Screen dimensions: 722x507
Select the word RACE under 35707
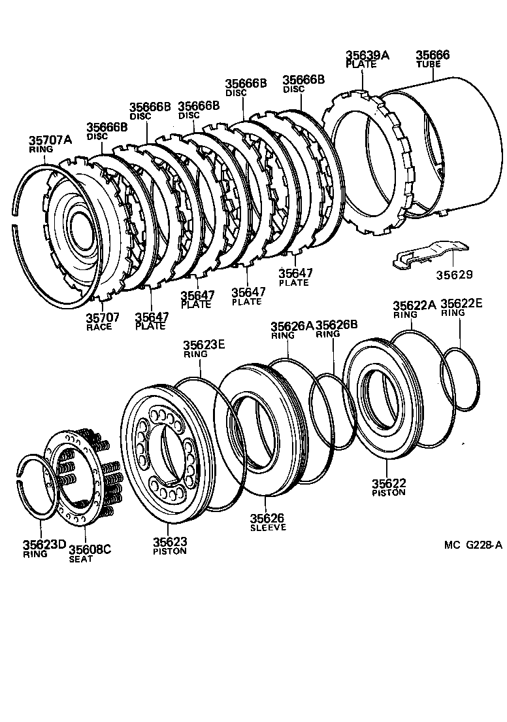99,327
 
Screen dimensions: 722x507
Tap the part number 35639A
367,56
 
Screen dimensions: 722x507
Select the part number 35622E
461,303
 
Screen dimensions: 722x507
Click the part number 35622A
414,305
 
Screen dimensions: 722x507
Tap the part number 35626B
336,324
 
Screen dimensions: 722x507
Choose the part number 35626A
292,325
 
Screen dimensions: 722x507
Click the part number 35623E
204,345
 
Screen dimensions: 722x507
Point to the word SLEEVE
268,527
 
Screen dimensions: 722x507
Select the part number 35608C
90,549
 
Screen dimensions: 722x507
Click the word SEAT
81,559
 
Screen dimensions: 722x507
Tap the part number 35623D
44,544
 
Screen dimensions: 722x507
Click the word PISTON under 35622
389,492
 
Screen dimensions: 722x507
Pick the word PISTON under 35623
170,551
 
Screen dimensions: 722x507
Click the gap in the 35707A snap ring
14,218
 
